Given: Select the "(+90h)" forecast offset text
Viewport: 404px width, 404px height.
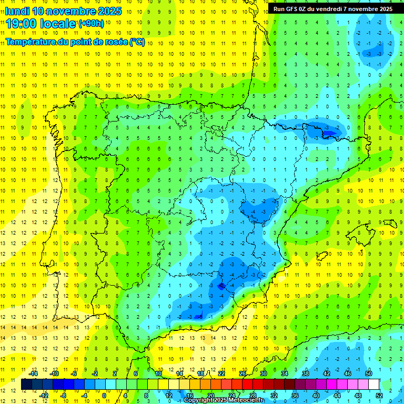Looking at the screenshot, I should tap(91, 24).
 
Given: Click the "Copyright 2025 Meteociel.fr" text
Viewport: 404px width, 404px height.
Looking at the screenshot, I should tap(230, 400).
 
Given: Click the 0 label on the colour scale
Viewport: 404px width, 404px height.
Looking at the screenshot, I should tap(104, 396).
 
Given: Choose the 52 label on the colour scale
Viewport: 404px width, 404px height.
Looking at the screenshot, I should tap(379, 396).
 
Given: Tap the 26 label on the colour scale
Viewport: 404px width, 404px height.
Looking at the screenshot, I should tap(243, 373).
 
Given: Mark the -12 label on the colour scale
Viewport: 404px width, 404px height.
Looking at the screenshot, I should tap(44, 396).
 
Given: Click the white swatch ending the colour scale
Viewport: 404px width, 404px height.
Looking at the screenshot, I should tap(374, 385).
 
